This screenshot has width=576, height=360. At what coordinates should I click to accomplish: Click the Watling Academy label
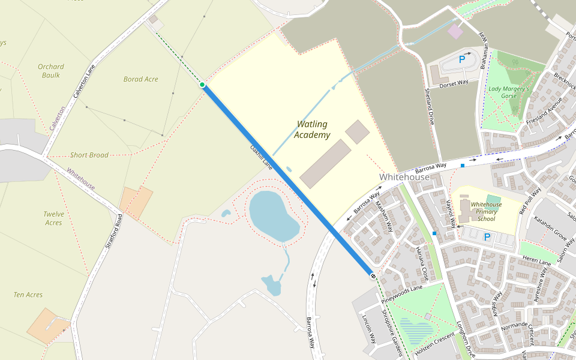pos(312,130)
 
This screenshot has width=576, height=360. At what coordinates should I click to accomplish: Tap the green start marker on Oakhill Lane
pos(203,85)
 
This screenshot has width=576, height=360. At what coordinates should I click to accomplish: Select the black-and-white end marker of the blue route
pos(373,275)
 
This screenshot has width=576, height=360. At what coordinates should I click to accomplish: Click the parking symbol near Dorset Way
pos(462,59)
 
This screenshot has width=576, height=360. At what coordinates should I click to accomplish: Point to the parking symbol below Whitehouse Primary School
pos(487,237)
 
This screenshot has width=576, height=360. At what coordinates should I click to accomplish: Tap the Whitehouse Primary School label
pos(486,211)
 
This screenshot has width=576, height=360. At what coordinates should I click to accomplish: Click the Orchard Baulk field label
pos(51,71)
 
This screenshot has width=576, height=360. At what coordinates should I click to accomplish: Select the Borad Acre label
pos(141,79)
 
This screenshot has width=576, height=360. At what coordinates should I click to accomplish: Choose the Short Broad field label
pos(89,155)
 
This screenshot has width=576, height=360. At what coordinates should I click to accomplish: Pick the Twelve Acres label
pos(53,218)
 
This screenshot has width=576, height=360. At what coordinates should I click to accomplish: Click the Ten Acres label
pos(28,295)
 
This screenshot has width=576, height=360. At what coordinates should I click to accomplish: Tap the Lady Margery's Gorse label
pos(509,92)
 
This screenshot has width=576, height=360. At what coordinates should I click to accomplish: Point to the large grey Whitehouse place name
pos(404,177)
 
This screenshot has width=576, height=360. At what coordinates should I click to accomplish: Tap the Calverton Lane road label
pos(84,82)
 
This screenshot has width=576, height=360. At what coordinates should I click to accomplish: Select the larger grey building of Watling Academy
pos(325,164)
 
